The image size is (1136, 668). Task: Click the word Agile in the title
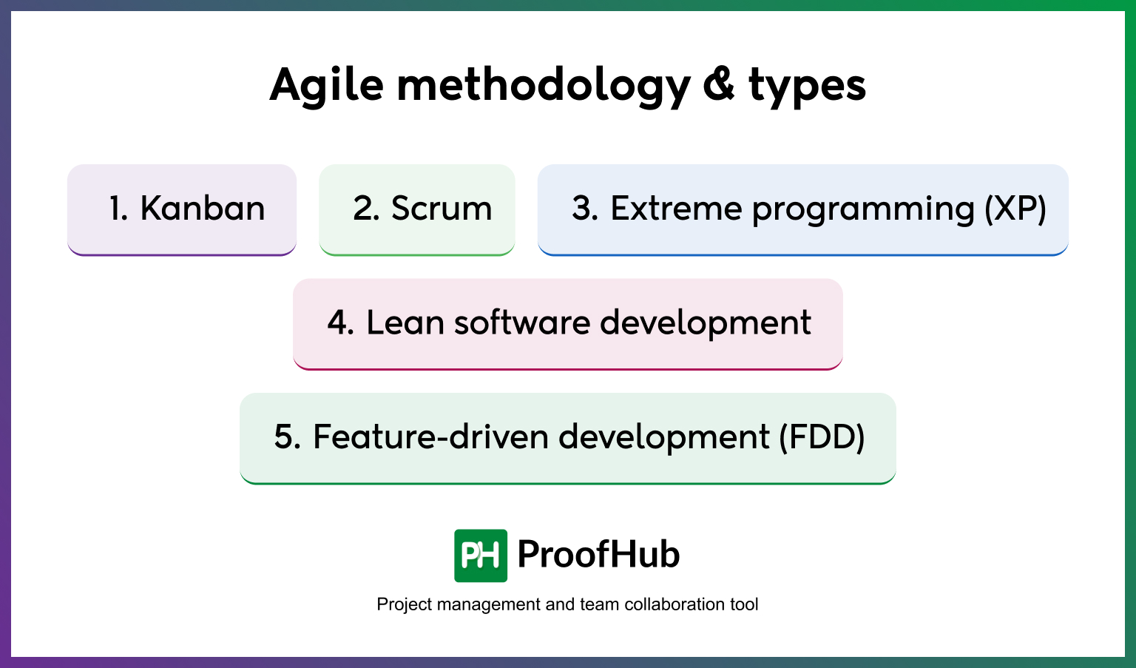coord(327,85)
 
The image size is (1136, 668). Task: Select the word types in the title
coord(807,87)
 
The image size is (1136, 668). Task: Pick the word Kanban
coord(203,209)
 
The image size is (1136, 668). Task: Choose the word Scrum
coord(442,209)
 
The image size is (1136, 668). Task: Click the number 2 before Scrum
coord(365,209)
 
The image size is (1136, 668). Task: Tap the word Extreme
coord(675,209)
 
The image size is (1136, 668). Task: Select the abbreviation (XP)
coord(1015,209)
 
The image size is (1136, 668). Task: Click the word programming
coord(863,211)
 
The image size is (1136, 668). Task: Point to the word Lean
coord(405,323)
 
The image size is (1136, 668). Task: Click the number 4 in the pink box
coord(340,323)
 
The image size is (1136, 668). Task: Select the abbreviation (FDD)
coord(822,437)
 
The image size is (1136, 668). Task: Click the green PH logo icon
coord(481,556)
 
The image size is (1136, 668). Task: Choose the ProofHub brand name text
coord(598,555)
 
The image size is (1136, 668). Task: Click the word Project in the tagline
coord(405,605)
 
